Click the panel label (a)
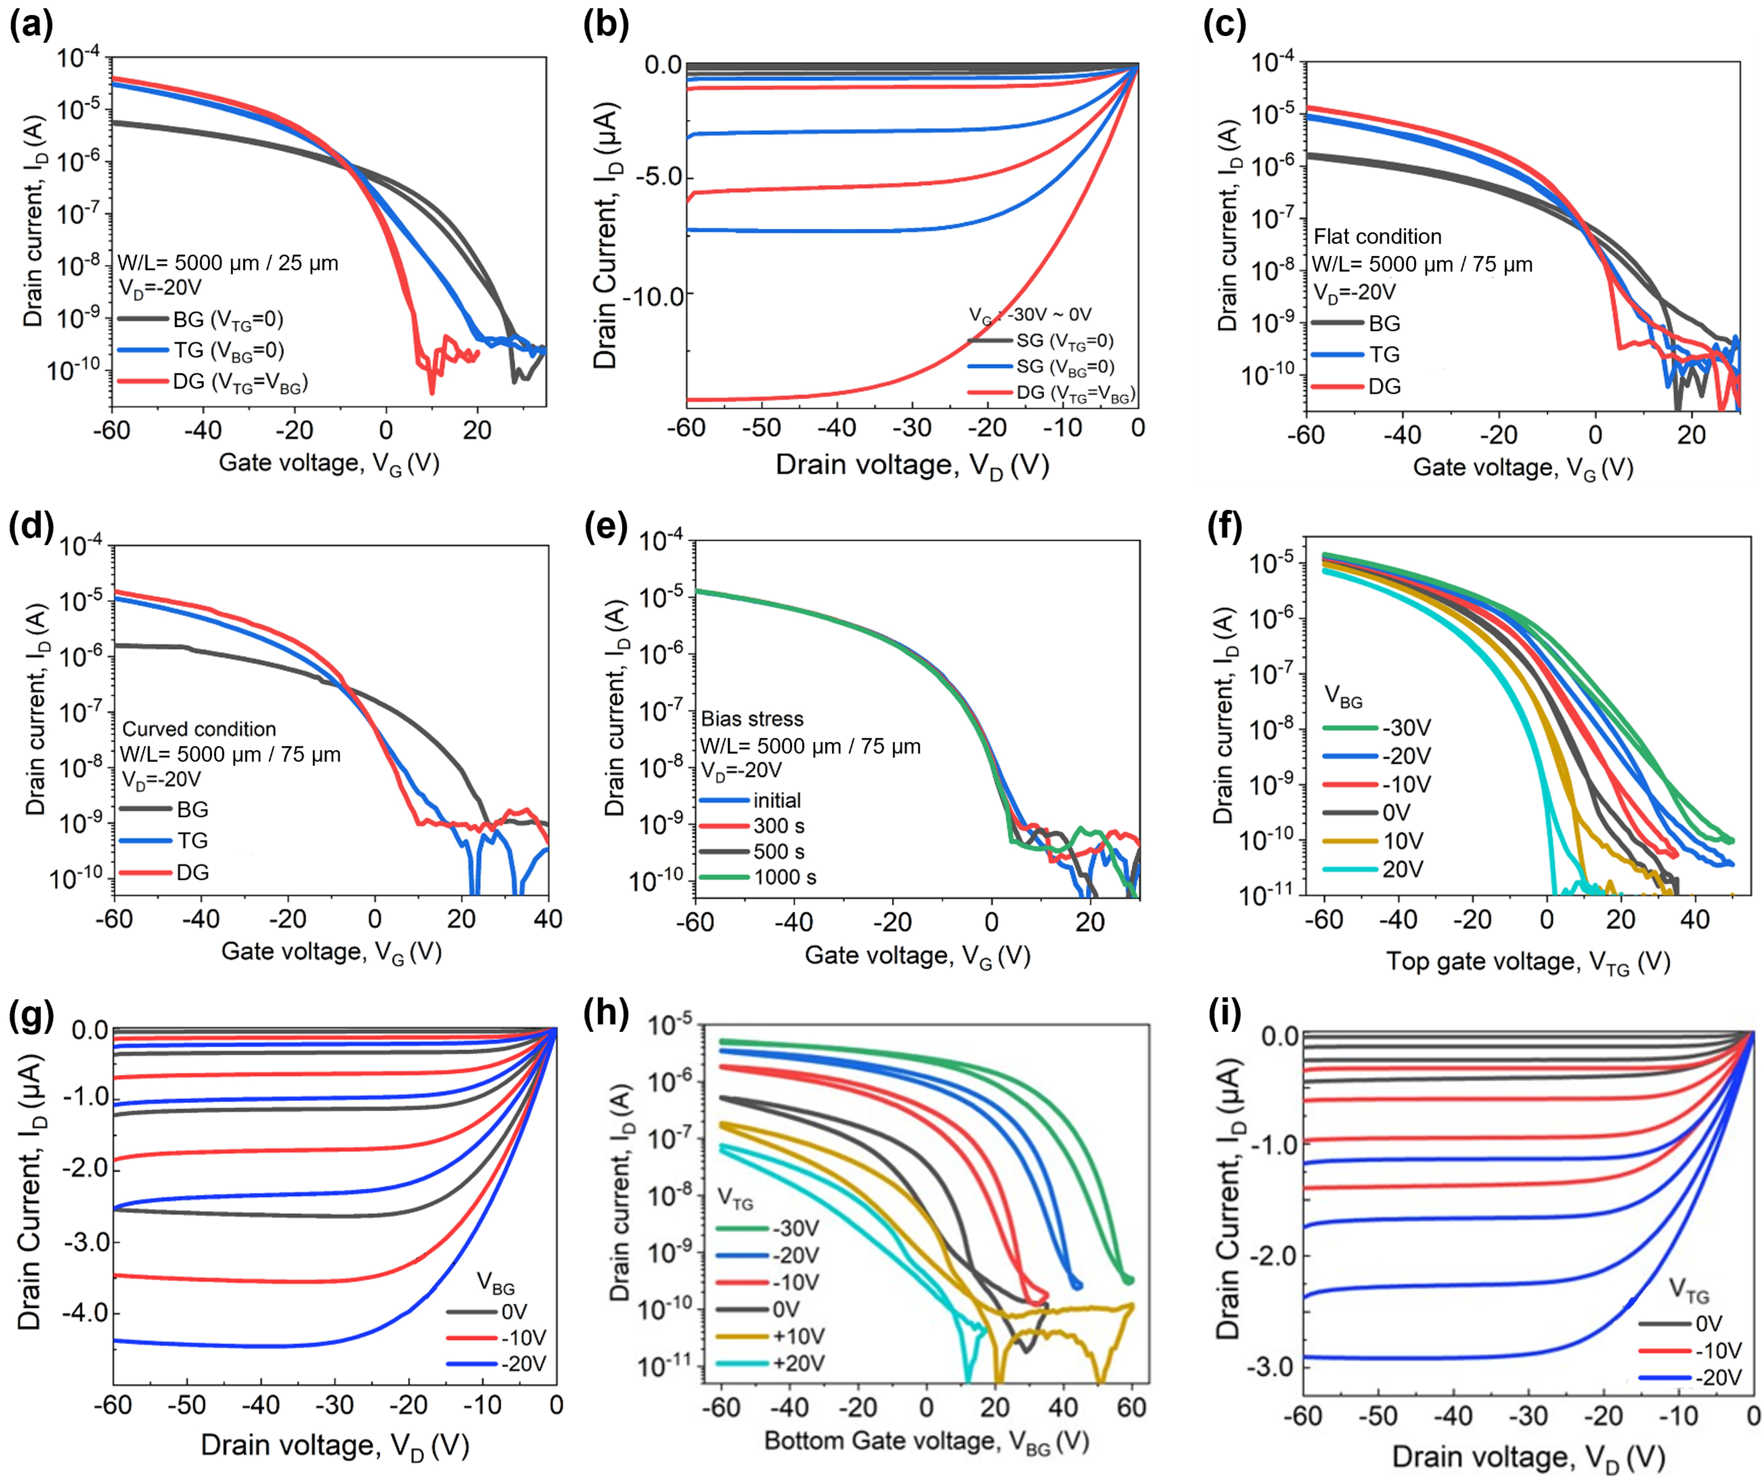(x=31, y=25)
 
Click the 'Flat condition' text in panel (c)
(x=1377, y=236)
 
